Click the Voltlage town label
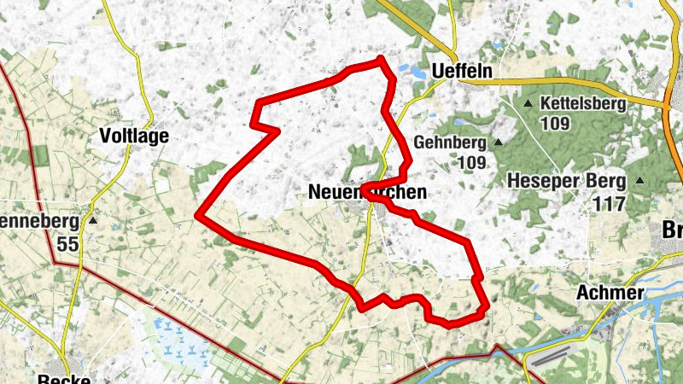coord(134,136)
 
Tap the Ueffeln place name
coord(463,72)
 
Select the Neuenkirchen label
coord(366,195)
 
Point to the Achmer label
coord(610,293)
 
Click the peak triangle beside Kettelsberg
coord(528,103)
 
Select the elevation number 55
coord(68,243)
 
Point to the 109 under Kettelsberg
coord(556,124)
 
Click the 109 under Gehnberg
coord(470,162)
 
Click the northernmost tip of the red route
coord(381,58)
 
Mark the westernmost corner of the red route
coord(197,216)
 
